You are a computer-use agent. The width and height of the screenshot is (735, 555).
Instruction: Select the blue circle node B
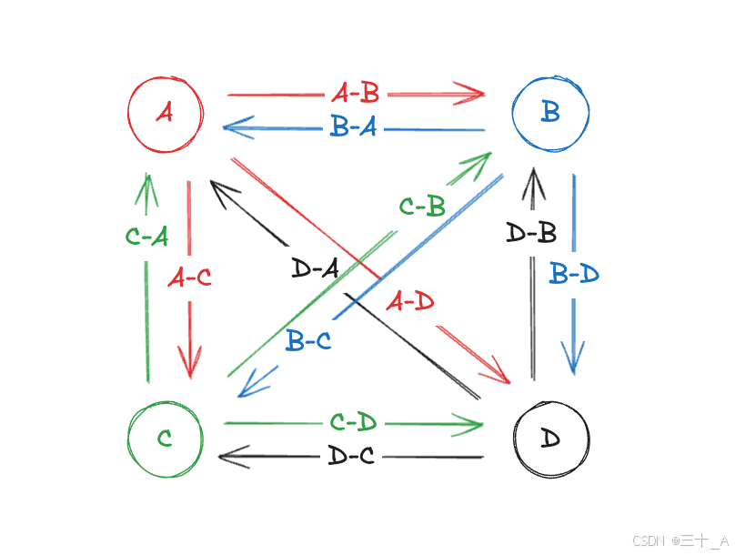(x=550, y=113)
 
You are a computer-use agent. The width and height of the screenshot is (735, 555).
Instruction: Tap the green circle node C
(x=165, y=439)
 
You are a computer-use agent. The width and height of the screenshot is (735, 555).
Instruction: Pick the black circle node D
(x=550, y=438)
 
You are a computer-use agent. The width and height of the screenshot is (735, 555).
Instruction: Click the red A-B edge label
(x=356, y=93)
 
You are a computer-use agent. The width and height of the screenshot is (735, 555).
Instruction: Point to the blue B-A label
(x=354, y=128)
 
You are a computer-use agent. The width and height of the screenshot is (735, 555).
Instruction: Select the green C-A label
(x=146, y=237)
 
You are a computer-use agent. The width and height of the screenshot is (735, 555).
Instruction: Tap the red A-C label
(x=190, y=277)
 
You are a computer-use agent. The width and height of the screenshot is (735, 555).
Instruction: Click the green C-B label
(x=422, y=207)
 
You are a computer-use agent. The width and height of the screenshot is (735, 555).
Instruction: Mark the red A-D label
(x=410, y=302)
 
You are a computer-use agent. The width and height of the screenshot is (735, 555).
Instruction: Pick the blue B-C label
(x=308, y=342)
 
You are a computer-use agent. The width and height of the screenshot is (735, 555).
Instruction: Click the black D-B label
(x=531, y=233)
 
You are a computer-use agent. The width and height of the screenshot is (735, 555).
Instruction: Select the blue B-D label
(x=575, y=273)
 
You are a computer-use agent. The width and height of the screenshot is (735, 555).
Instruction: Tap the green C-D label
(x=354, y=422)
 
